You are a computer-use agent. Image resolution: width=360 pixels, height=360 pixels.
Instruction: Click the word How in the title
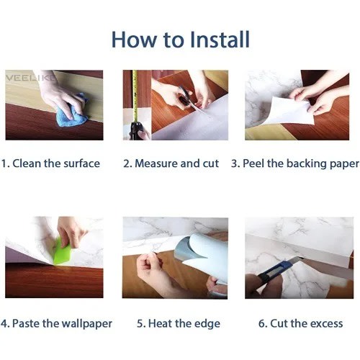coord(134,40)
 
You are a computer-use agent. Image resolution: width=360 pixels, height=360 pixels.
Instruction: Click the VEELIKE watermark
coord(30,78)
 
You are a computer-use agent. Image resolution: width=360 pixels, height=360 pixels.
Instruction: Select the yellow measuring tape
coord(135,96)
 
